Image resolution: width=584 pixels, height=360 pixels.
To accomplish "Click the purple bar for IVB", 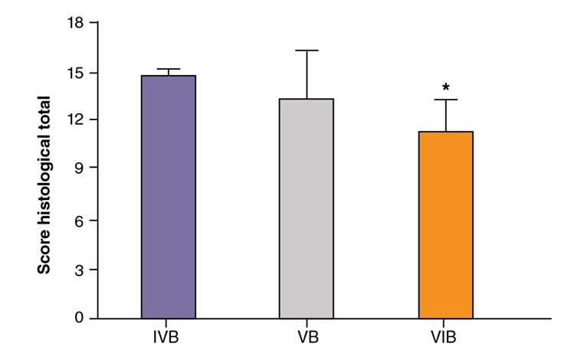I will click(x=168, y=197).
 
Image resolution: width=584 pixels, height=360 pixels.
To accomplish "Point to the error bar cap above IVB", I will click(x=168, y=69).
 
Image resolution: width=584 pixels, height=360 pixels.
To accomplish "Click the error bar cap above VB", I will click(x=307, y=51).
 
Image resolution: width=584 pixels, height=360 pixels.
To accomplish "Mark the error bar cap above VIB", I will click(x=445, y=100).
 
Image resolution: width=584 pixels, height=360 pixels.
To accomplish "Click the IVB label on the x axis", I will click(x=168, y=337).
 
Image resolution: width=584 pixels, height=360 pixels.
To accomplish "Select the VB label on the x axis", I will click(x=307, y=337).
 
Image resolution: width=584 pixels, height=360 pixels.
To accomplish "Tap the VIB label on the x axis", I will click(x=445, y=337).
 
